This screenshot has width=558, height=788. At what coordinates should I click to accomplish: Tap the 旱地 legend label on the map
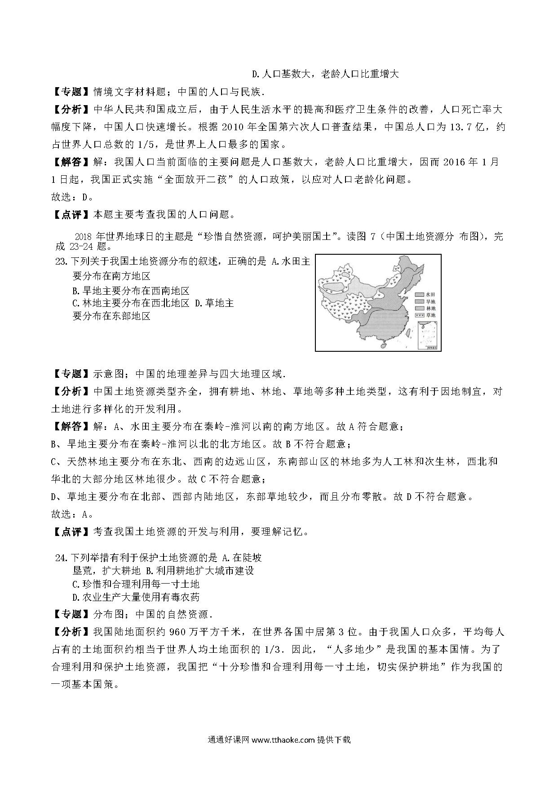431,301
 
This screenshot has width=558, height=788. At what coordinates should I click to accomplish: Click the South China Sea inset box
428,336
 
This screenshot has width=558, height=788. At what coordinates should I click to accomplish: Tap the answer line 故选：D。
72,197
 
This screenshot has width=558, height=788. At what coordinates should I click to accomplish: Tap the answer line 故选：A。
72,514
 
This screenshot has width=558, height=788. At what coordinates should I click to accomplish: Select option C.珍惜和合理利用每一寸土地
136,584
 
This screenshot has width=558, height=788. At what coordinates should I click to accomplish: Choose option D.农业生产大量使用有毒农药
136,597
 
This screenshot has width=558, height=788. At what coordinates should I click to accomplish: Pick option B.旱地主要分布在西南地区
131,290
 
